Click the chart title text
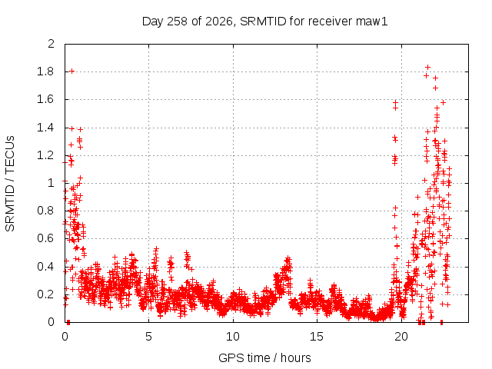[264, 22]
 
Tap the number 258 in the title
[178, 22]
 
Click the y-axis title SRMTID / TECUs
[10, 184]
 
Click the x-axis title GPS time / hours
[264, 357]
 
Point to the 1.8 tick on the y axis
[45, 71]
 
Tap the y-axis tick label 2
[52, 44]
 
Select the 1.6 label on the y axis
[45, 99]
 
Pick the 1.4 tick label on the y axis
[45, 128]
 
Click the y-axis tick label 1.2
[45, 155]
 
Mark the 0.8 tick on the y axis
[45, 211]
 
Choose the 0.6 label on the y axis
[45, 238]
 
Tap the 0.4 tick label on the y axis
[45, 267]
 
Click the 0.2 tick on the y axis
[45, 294]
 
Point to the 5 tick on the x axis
[148, 337]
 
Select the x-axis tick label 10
[233, 337]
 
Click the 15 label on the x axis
[317, 337]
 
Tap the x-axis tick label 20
[401, 337]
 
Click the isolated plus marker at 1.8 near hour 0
[71, 71]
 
